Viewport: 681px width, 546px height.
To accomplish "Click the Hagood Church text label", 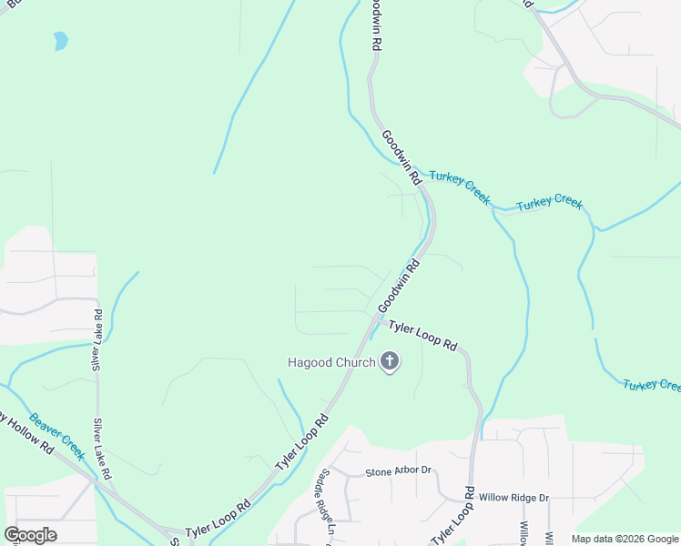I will (331, 362).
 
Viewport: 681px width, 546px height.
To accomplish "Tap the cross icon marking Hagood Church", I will (390, 362).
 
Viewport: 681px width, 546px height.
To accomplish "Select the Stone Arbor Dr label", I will (398, 472).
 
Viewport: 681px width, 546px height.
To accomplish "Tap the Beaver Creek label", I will (56, 436).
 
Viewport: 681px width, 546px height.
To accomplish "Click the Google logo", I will (30, 535).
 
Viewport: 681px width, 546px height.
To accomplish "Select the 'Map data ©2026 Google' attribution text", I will (625, 539).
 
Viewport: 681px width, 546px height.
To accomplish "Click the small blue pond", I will (60, 41).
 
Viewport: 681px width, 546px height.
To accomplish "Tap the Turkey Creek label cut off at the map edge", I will (652, 386).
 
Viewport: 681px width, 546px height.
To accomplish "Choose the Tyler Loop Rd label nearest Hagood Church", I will (422, 335).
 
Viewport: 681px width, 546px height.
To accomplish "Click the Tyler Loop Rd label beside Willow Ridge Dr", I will (453, 516).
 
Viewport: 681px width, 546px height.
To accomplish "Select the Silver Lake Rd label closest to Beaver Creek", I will (102, 450).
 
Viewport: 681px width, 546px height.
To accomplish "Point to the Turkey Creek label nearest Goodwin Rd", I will (460, 187).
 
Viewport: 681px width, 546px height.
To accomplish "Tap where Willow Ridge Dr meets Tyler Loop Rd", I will (472, 498).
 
